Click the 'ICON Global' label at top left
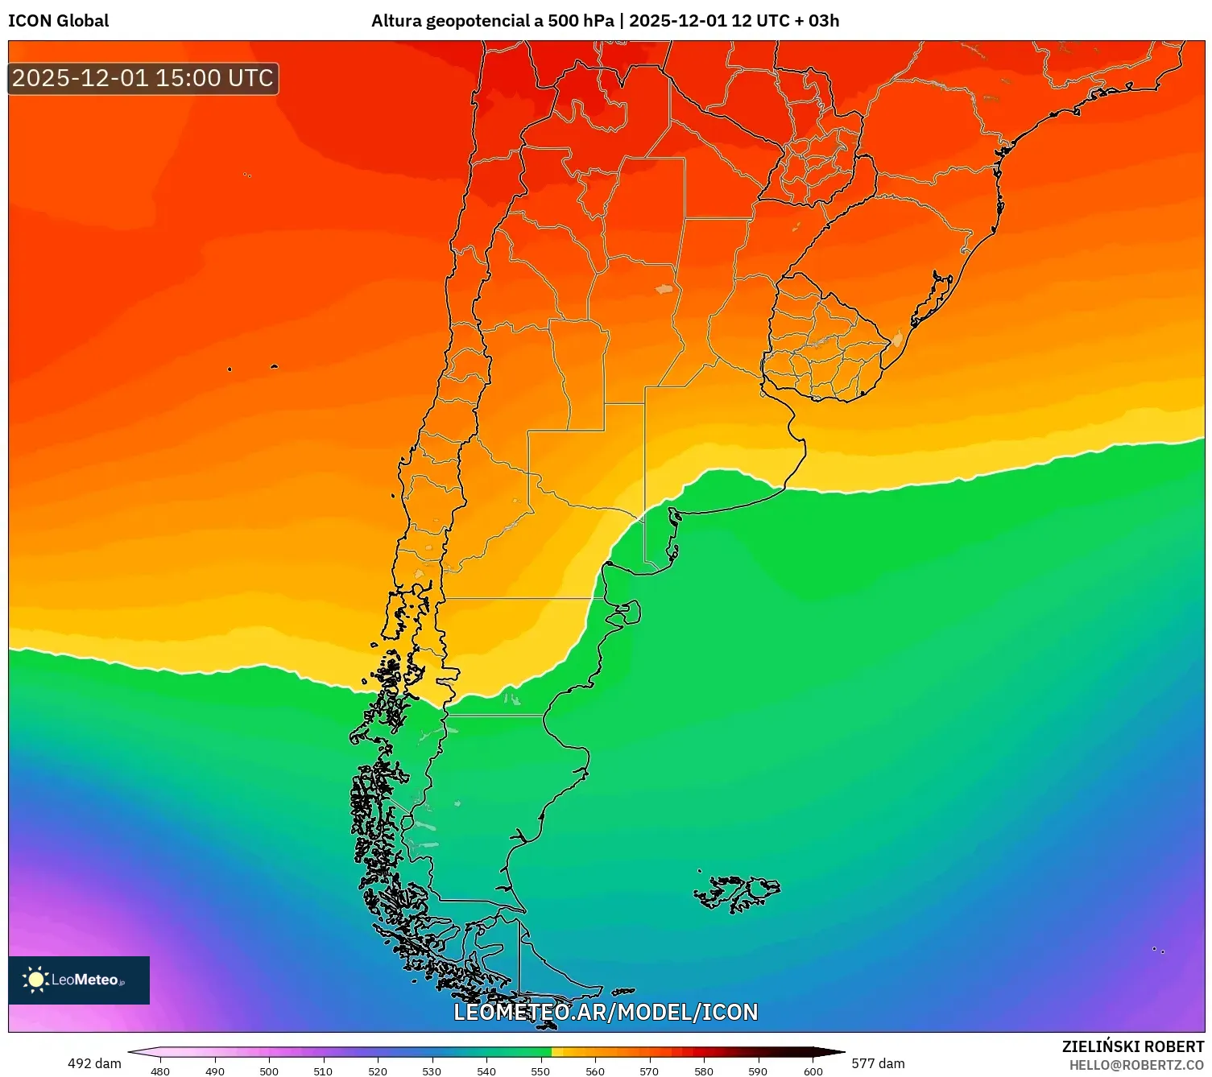pos(58,21)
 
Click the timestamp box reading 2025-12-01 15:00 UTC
pos(143,78)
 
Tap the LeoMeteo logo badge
pos(79,980)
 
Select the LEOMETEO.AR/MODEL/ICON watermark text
pos(606,1012)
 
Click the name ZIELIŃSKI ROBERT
pos(1132,1046)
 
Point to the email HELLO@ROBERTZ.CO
pos(1135,1065)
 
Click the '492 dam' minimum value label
pos(94,1063)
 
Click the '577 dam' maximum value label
pos(878,1063)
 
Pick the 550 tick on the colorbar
pos(540,1071)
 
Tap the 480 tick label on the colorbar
pos(160,1071)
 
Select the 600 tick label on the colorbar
pos(813,1071)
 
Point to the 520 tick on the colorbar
pos(378,1071)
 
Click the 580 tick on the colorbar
pos(704,1071)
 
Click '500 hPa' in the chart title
pos(581,21)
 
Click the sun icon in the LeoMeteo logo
pos(35,980)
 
